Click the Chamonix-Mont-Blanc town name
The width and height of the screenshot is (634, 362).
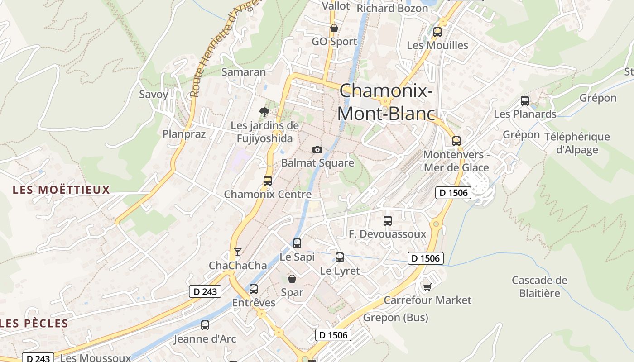(386, 102)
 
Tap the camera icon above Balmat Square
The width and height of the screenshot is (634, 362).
(317, 149)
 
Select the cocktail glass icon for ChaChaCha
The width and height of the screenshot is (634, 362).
(238, 252)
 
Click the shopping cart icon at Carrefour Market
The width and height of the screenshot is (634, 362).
(427, 287)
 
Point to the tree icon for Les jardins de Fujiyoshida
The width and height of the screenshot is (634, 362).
(264, 112)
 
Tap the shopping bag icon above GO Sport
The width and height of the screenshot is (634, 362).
(334, 29)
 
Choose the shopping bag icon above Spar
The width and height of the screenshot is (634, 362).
(292, 279)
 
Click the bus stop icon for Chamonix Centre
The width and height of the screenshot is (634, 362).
(268, 181)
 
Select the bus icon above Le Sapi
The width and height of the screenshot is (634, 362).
(297, 243)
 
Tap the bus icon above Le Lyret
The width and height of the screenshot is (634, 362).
(340, 257)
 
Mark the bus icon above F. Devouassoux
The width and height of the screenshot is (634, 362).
(388, 221)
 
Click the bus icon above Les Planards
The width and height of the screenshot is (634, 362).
(525, 101)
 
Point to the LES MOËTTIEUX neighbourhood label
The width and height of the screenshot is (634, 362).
(62, 190)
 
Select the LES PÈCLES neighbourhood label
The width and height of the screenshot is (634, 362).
(35, 324)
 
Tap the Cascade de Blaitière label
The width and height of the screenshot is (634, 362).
(539, 286)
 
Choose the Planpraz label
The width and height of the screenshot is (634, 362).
(184, 134)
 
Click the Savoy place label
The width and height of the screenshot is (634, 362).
(154, 95)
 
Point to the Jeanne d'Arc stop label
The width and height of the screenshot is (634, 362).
(205, 338)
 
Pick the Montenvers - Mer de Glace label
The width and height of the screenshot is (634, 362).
(456, 161)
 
